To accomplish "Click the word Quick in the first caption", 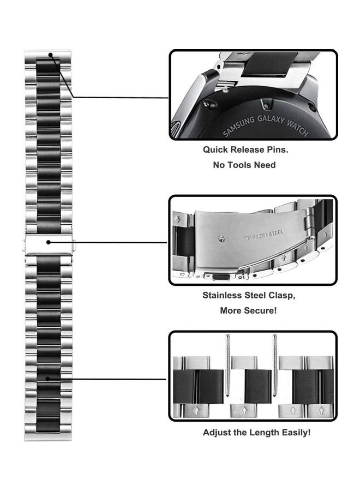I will pos(217,149).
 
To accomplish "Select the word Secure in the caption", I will pos(260,310).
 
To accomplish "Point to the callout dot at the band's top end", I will pos(50,55).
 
